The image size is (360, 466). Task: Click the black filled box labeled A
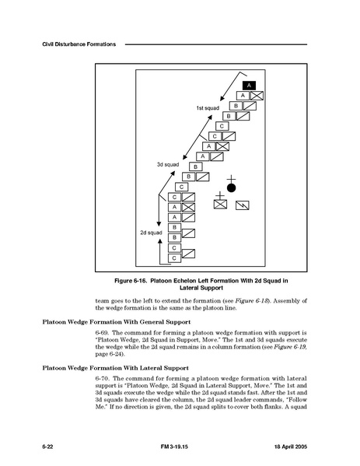pyautogui.click(x=249, y=86)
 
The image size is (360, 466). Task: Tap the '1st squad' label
pyautogui.click(x=208, y=108)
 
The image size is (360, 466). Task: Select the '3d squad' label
pyautogui.click(x=168, y=164)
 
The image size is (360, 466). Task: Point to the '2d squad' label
pyautogui.click(x=151, y=233)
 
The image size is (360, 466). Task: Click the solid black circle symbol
pyautogui.click(x=231, y=187)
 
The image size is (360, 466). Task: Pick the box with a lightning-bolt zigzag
pyautogui.click(x=243, y=205)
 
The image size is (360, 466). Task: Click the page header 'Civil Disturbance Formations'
pyautogui.click(x=79, y=44)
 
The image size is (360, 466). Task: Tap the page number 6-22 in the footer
pyautogui.click(x=47, y=447)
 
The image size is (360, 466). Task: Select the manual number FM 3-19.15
pyautogui.click(x=174, y=447)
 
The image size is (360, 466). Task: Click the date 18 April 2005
pyautogui.click(x=291, y=447)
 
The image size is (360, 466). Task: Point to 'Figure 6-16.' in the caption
pyautogui.click(x=131, y=281)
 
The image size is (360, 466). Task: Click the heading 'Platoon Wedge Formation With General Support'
pyautogui.click(x=117, y=322)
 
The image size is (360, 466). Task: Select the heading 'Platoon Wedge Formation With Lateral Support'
pyautogui.click(x=116, y=368)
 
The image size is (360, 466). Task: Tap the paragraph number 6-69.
pyautogui.click(x=102, y=333)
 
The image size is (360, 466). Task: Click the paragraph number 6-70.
pyautogui.click(x=102, y=379)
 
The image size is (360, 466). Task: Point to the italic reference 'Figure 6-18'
pyautogui.click(x=251, y=301)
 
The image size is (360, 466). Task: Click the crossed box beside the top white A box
pyautogui.click(x=257, y=96)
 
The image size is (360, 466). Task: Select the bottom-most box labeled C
pyautogui.click(x=174, y=258)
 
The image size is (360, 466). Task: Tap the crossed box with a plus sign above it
pyautogui.click(x=220, y=204)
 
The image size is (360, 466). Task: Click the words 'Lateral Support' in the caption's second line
pyautogui.click(x=201, y=288)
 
